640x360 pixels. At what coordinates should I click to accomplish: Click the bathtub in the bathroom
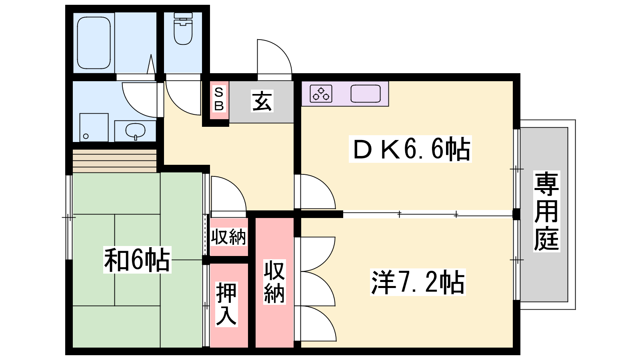[94, 43]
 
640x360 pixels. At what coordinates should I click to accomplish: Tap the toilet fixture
[183, 28]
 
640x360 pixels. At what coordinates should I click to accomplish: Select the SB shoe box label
[219, 99]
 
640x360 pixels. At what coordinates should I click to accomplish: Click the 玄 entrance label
[262, 101]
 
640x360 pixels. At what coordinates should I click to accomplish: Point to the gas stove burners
[321, 94]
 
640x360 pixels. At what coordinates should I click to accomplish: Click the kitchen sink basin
[366, 94]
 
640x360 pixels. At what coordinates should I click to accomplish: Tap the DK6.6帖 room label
[410, 149]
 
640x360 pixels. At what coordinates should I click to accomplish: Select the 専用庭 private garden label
[546, 211]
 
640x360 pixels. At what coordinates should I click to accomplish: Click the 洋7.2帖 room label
[418, 282]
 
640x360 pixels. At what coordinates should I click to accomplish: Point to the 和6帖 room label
[137, 260]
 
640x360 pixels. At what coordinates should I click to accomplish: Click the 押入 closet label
[226, 304]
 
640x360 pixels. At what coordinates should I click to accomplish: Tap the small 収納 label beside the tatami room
[228, 237]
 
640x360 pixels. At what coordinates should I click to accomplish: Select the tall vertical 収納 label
[274, 282]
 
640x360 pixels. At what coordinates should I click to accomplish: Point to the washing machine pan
[94, 128]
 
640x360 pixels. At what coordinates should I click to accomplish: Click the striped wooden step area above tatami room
[114, 161]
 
